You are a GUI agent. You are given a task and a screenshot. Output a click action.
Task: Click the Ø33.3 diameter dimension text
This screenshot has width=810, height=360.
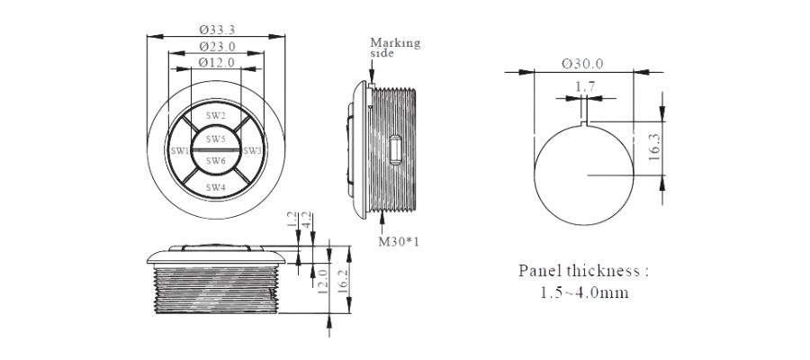(x=217, y=30)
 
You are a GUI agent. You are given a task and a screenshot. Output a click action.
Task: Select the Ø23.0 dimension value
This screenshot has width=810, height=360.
(x=217, y=47)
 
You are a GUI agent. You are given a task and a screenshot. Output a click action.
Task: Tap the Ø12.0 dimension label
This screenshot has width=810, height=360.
(x=216, y=62)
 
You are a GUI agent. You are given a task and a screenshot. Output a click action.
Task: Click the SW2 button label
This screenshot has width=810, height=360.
(x=216, y=116)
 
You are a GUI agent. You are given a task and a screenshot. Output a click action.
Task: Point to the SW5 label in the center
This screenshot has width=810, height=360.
(x=216, y=139)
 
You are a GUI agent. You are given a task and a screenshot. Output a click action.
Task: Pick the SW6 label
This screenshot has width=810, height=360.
(x=216, y=161)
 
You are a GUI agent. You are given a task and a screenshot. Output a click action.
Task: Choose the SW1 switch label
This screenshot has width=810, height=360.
(x=180, y=151)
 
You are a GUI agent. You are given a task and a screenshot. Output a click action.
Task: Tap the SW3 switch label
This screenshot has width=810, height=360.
(x=253, y=151)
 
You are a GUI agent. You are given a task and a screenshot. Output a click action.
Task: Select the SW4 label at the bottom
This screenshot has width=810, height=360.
(x=216, y=187)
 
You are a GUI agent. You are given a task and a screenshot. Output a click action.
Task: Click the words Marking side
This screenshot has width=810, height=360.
(x=395, y=47)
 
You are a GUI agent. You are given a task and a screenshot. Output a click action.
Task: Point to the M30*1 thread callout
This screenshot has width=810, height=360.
(x=399, y=241)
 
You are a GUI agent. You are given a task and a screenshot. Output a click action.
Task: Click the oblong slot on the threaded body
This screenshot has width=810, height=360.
(x=395, y=149)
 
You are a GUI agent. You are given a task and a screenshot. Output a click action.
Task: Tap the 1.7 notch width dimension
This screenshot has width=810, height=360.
(x=585, y=86)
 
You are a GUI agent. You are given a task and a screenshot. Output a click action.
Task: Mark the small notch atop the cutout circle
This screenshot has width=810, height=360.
(x=585, y=123)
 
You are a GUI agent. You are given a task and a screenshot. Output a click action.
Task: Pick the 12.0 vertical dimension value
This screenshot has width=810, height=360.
(x=323, y=281)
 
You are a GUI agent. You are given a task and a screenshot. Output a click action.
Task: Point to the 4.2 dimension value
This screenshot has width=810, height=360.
(x=306, y=220)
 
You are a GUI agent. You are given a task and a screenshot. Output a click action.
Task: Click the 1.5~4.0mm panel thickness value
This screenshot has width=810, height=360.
(x=584, y=292)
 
